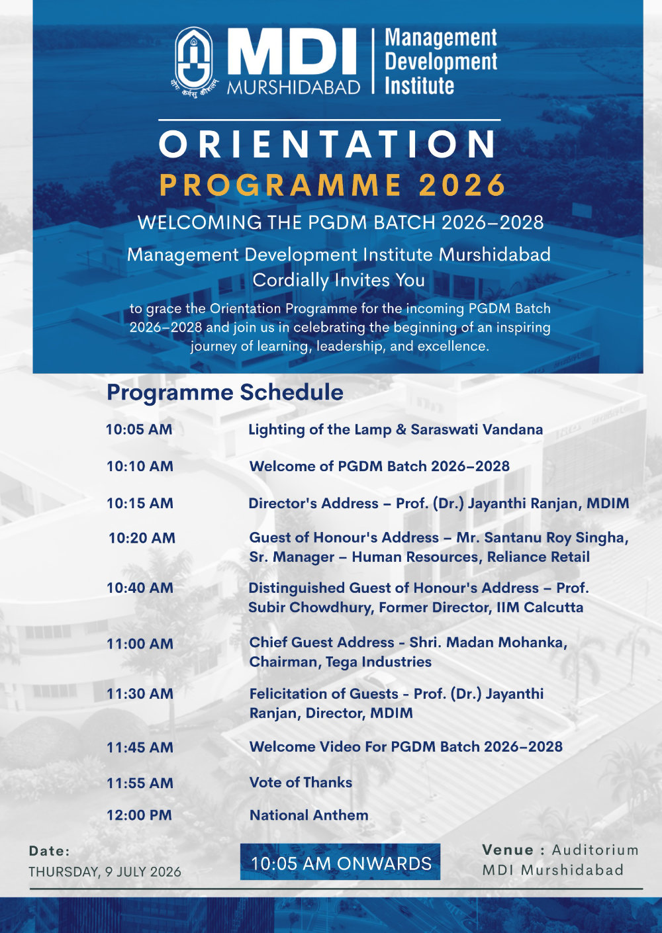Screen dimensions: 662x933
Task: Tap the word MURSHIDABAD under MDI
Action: [294, 87]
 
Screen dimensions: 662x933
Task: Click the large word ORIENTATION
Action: [328, 144]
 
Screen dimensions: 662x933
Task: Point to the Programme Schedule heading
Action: [225, 392]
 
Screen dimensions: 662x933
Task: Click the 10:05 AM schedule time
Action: [139, 429]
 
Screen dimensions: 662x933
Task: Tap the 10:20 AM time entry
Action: [142, 538]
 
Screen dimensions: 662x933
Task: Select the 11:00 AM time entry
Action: [140, 644]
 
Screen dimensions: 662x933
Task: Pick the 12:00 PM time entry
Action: [139, 815]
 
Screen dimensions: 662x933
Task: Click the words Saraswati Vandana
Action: [477, 429]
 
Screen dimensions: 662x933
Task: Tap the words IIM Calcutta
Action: [540, 607]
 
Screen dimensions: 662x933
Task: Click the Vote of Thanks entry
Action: [301, 782]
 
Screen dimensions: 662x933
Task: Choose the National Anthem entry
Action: [308, 815]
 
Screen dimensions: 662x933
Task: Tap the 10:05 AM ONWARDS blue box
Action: [340, 862]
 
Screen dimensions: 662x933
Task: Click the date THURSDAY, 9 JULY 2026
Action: [105, 871]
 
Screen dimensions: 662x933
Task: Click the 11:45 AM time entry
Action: [140, 747]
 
